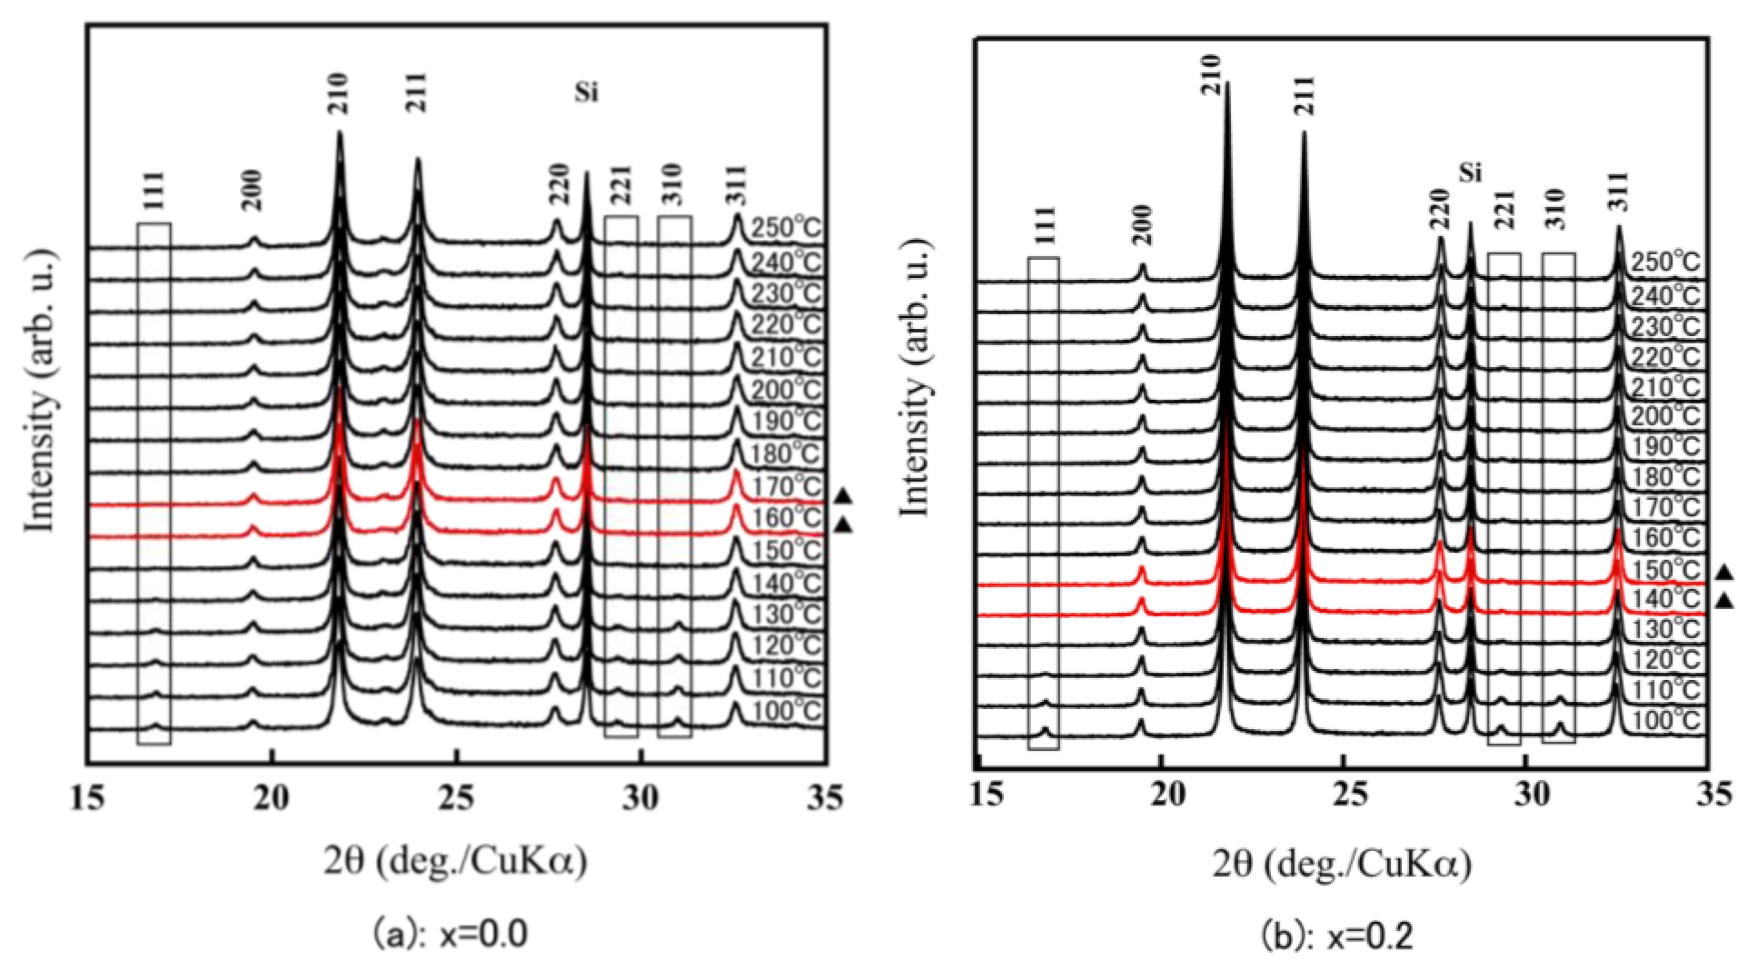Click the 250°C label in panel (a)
tap(786, 229)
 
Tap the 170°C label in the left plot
tap(786, 486)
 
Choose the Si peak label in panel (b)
tap(1470, 174)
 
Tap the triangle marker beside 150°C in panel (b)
tap(1724, 572)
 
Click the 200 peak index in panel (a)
tap(252, 191)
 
